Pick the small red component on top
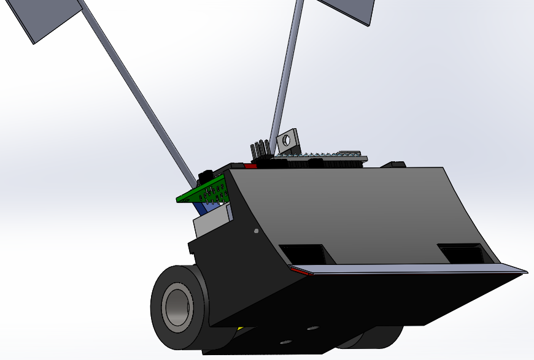click(x=250, y=166)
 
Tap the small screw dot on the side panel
click(x=256, y=231)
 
